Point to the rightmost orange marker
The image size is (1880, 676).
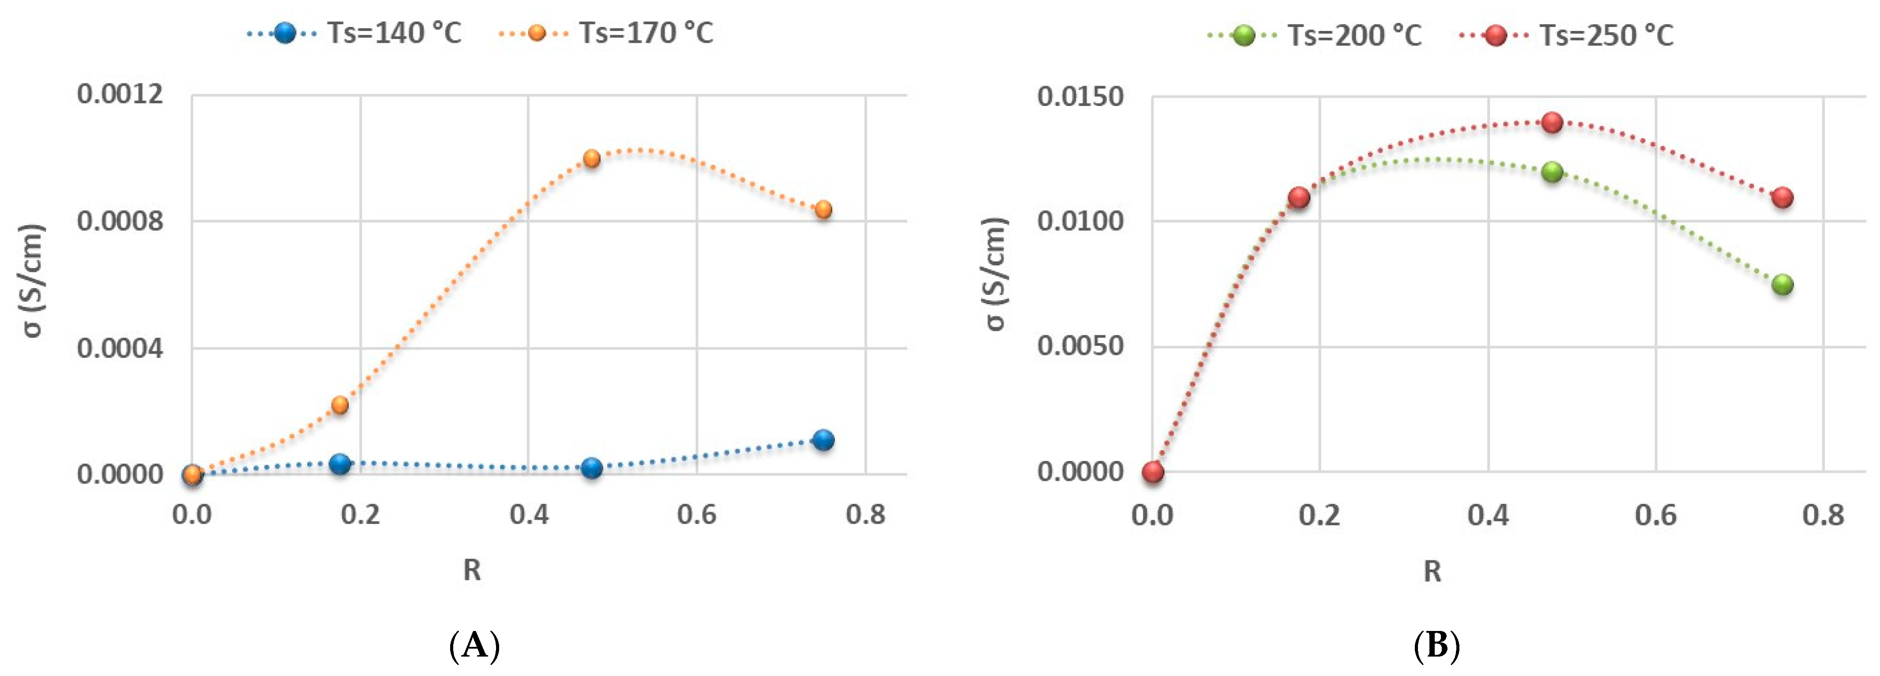click(823, 210)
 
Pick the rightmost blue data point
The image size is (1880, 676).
click(823, 440)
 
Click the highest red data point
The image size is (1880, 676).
click(1552, 122)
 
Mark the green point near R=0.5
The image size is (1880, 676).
click(1552, 172)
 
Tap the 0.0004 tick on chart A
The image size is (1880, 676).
click(120, 347)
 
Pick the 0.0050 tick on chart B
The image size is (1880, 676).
click(1081, 346)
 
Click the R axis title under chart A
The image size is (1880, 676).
click(472, 570)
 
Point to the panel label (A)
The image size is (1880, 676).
click(474, 646)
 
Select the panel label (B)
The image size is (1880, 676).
click(1436, 646)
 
